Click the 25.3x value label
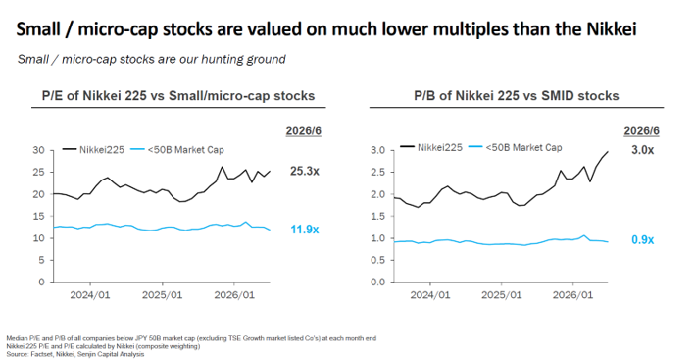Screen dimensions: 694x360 [305, 171]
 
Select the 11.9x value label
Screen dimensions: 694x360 [305, 230]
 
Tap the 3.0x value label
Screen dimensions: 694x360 [643, 150]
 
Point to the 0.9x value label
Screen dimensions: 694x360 [643, 240]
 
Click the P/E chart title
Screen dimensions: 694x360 [178, 96]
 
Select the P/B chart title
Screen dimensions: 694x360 [517, 96]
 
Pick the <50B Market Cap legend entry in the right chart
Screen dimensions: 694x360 [516, 147]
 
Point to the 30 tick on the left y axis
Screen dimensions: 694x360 [39, 150]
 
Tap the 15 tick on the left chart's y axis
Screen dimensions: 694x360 [39, 216]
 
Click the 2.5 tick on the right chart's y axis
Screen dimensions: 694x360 [378, 173]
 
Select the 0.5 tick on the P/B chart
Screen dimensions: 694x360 [378, 260]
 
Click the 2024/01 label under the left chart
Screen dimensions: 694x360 [90, 295]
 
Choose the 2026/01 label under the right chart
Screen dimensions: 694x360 [572, 295]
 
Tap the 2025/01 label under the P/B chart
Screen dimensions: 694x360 [502, 295]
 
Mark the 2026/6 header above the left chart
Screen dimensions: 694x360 [304, 131]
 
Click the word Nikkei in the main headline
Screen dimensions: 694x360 [612, 29]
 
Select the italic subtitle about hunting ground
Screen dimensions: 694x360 [151, 59]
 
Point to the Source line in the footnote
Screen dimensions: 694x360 [75, 354]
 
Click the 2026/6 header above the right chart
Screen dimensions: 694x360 [642, 131]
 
